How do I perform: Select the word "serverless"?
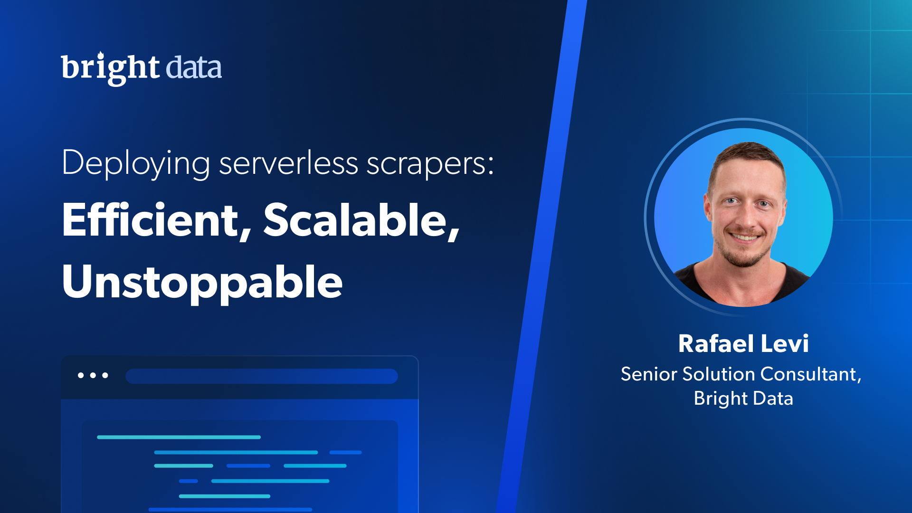click(288, 163)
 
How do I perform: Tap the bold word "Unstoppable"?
click(202, 283)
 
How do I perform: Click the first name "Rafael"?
click(716, 343)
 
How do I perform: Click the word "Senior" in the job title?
click(649, 374)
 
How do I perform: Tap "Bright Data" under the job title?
click(743, 399)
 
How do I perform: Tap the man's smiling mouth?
click(745, 236)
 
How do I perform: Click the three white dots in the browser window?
click(93, 375)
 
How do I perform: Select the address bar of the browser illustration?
click(262, 376)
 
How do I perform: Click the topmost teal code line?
click(179, 437)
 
